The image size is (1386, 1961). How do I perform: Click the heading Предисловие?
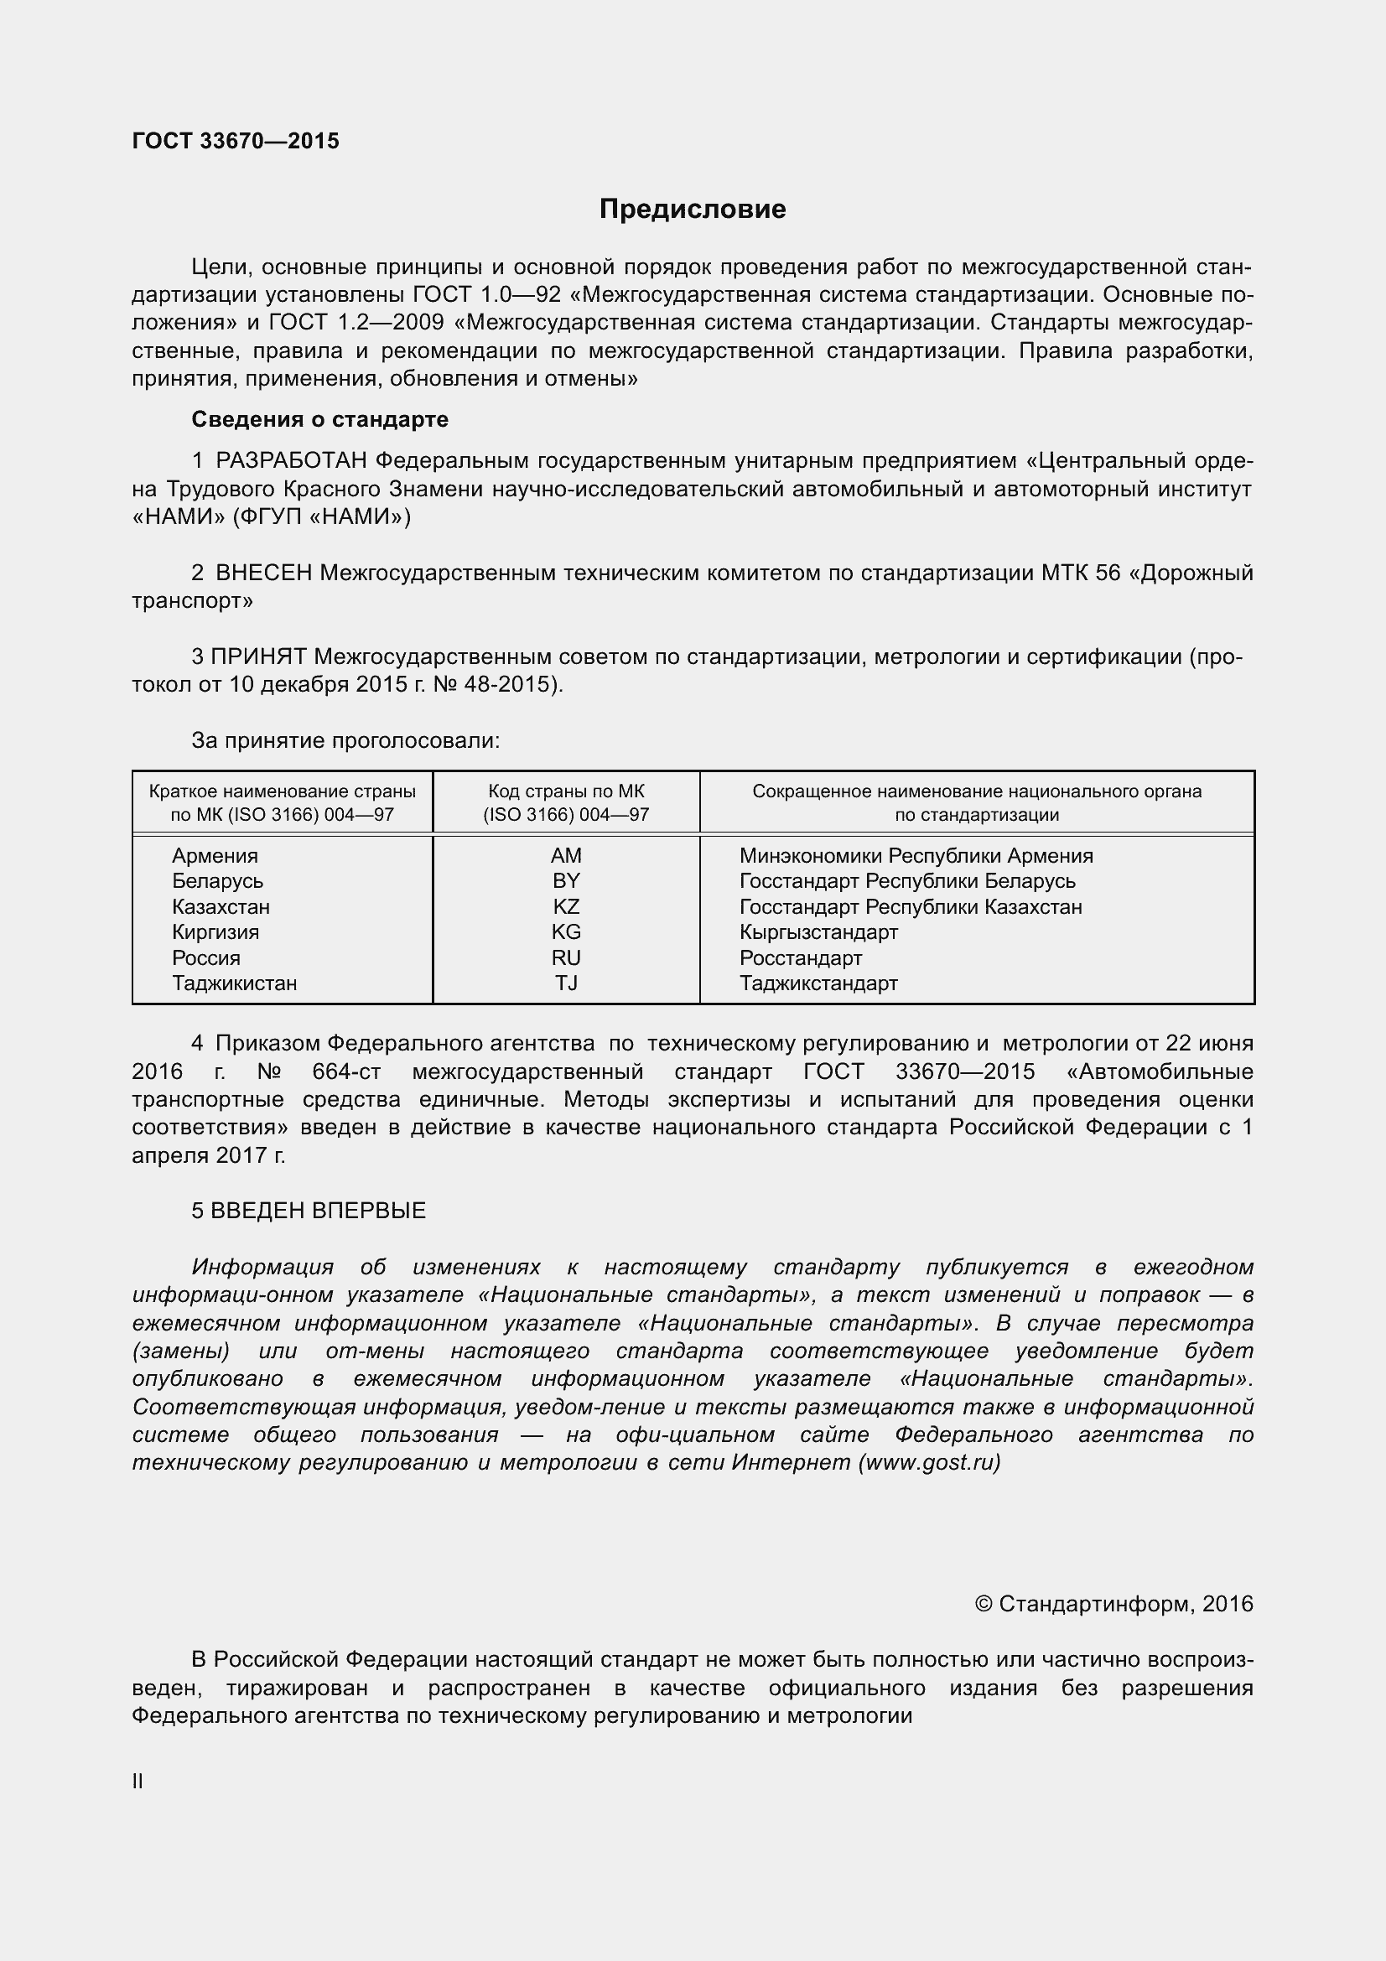692,210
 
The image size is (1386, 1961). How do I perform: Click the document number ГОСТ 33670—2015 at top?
236,141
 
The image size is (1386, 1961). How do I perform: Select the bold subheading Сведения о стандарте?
319,419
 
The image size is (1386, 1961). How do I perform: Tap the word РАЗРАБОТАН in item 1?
292,461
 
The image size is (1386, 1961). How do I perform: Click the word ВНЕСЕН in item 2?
264,573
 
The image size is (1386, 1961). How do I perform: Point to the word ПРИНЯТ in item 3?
259,656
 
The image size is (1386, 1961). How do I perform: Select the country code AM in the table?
565,856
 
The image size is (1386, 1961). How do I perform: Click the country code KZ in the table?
565,907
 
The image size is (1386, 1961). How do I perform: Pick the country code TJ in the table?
565,983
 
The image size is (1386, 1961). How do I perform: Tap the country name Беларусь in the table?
218,881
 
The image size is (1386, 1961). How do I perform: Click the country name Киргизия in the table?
215,931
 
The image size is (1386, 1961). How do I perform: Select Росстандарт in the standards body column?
800,958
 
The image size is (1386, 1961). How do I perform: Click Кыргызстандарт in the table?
818,932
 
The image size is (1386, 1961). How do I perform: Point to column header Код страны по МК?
565,791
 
